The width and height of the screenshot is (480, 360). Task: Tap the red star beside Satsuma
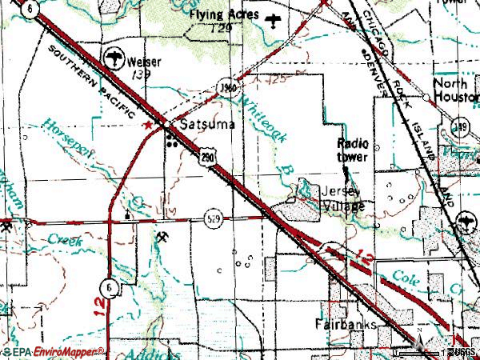point(146,126)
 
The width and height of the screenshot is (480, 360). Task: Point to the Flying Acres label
point(225,15)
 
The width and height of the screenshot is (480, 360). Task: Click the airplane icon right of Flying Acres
point(275,18)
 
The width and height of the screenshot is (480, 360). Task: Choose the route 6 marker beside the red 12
point(106,286)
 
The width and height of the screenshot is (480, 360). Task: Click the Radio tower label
point(354,150)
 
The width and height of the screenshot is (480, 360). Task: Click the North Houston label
point(454,89)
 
